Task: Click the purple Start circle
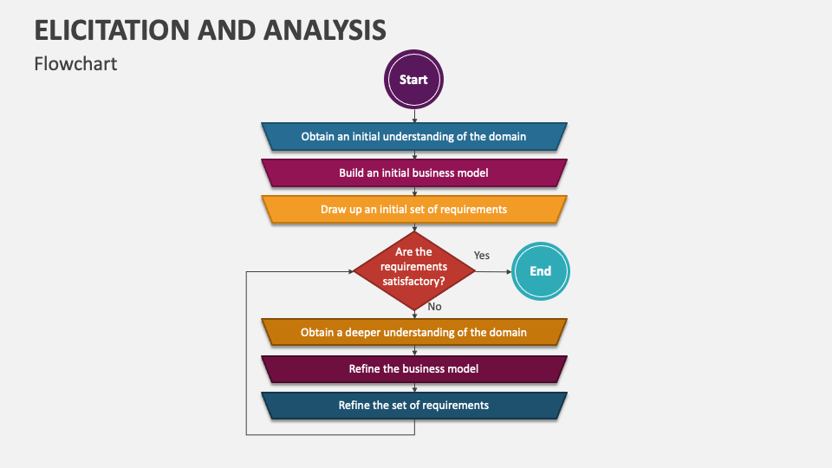413,80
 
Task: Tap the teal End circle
540,271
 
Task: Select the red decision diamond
414,271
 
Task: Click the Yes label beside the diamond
482,255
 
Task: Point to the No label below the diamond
434,307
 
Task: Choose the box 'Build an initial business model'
414,173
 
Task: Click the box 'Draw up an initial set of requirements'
414,210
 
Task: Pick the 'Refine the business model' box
414,369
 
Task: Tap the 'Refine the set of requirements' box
414,406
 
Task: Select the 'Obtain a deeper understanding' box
414,332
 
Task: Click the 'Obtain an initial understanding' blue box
414,136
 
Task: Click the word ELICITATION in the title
112,29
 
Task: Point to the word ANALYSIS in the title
325,29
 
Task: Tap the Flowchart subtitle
75,63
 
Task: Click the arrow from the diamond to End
493,271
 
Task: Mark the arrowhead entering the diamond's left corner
351,271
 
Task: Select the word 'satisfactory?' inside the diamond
414,281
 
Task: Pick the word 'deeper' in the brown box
362,333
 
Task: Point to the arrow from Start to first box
414,116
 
